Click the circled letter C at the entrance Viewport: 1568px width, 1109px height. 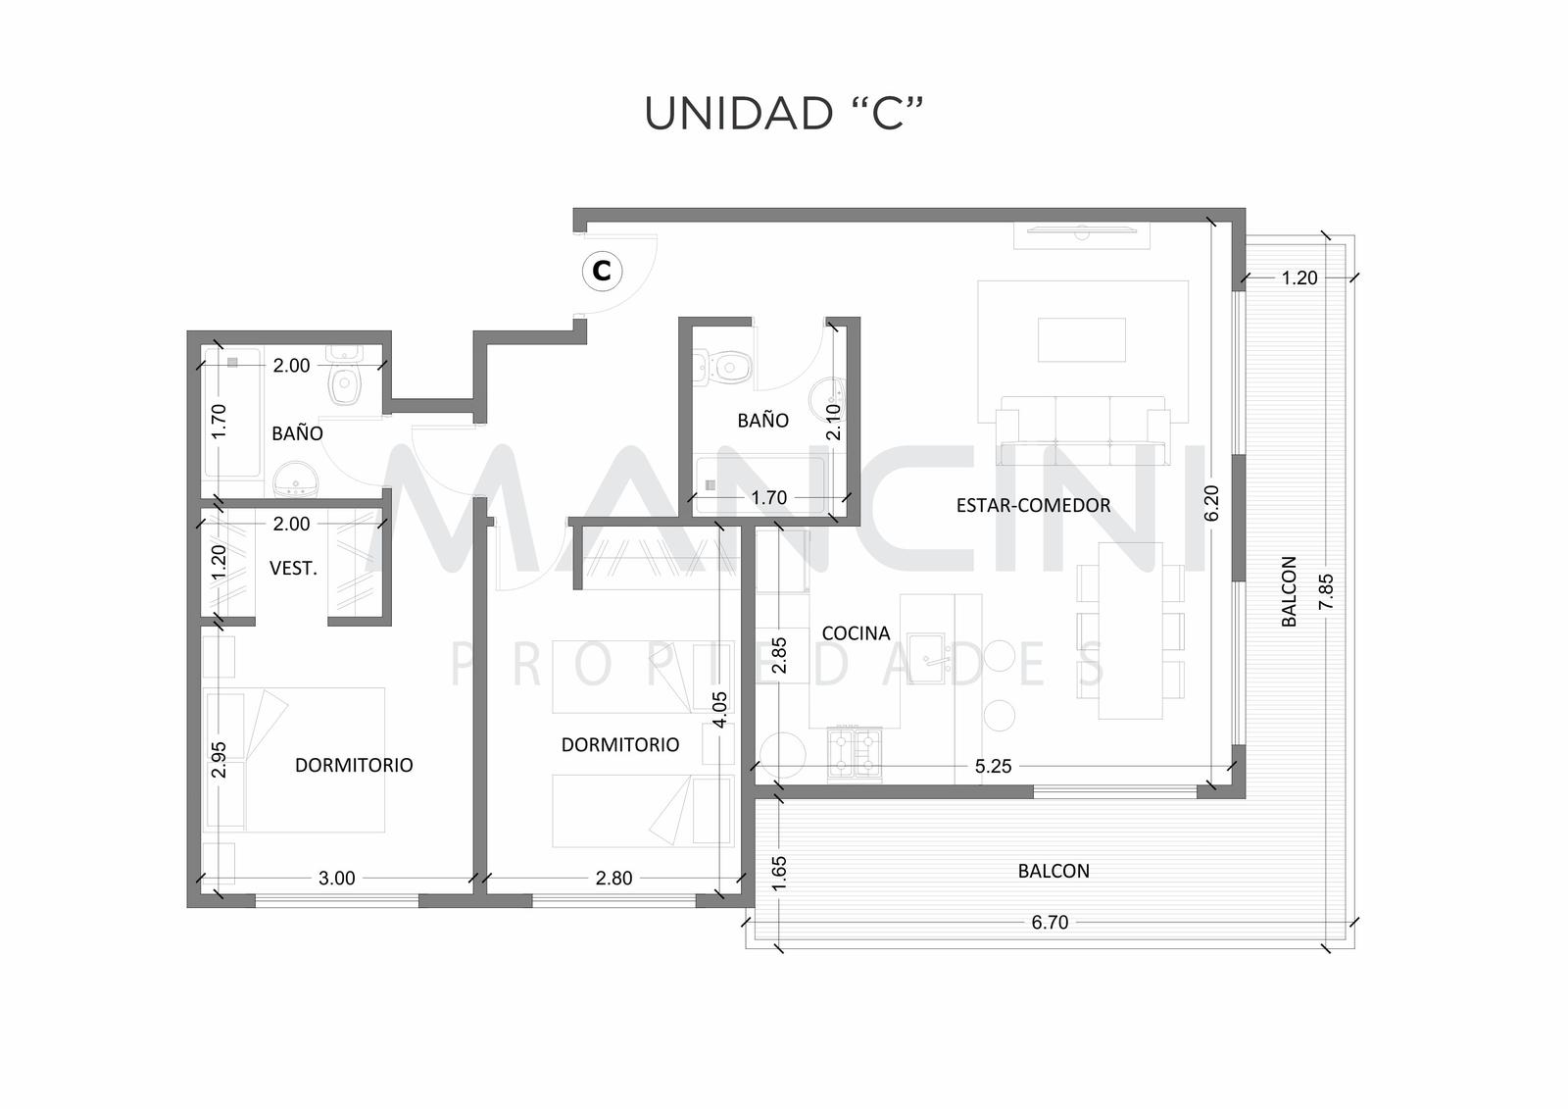coord(602,271)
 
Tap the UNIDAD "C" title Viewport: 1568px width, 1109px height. coord(783,114)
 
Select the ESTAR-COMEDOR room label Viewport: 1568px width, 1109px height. coord(1033,505)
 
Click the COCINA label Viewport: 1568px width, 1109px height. coord(856,633)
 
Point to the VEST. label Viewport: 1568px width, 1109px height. coord(293,568)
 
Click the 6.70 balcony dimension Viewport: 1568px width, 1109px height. coord(1050,922)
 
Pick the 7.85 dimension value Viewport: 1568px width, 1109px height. coord(1326,592)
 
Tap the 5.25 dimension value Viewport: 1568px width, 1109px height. coord(994,766)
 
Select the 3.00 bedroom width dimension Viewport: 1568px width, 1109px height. coord(337,878)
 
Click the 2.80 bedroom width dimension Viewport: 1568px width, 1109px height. coord(613,878)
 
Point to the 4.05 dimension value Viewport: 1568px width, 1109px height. coord(720,710)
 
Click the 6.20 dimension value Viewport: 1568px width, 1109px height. coord(1211,504)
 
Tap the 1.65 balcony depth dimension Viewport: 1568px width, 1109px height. coord(778,874)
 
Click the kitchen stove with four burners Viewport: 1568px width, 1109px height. coord(855,754)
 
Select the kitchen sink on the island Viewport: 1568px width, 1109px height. coord(926,659)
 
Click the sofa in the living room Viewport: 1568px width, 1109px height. coord(1083,430)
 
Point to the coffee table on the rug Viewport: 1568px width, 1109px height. coord(1082,340)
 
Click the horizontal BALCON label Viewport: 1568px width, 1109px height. coord(1053,871)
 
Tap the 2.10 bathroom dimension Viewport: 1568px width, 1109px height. coord(833,422)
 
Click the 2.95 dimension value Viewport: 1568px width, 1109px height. coord(219,759)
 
